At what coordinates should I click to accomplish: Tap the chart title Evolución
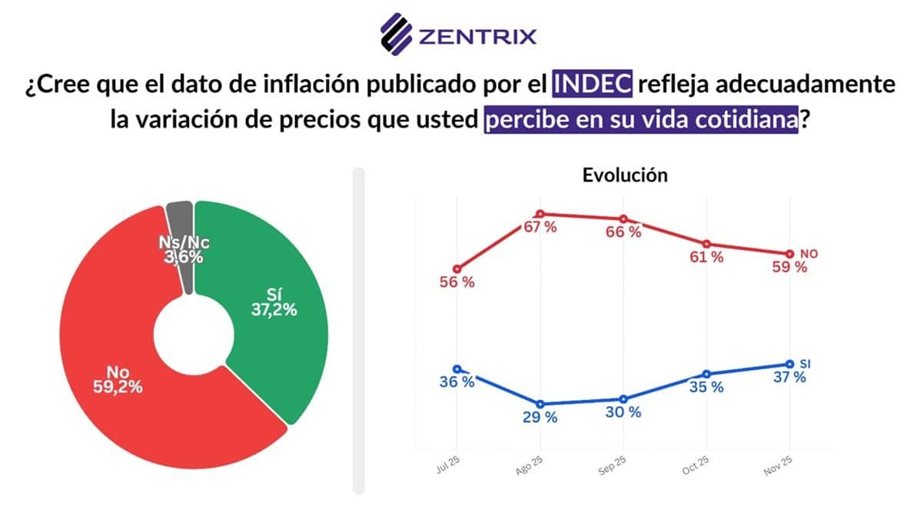tap(625, 175)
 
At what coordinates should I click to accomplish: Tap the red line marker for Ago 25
tap(540, 214)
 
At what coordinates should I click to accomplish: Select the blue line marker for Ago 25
tap(540, 404)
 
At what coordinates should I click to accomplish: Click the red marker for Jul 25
tap(457, 269)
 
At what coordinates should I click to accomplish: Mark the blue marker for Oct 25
tap(706, 374)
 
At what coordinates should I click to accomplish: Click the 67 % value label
tap(540, 227)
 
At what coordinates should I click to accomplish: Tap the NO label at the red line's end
tap(809, 254)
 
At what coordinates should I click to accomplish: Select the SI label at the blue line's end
tap(806, 363)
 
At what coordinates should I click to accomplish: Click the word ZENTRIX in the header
tap(477, 35)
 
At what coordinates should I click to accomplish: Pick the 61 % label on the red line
tap(706, 258)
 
